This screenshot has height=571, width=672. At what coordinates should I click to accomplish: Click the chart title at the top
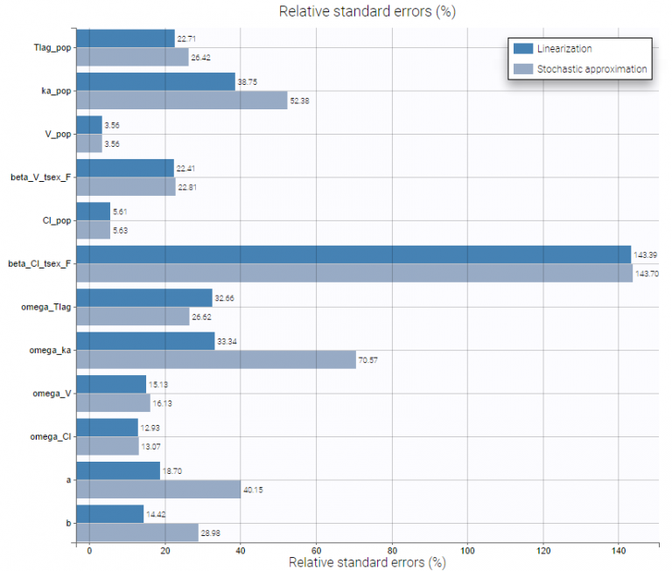tap(367, 11)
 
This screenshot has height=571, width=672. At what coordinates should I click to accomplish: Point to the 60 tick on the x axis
tap(316, 551)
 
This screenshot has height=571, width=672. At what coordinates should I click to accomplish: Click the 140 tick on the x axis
tap(619, 551)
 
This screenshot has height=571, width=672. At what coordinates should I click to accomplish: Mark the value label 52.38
tap(301, 101)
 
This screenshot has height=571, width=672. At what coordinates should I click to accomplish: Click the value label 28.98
tap(212, 532)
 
